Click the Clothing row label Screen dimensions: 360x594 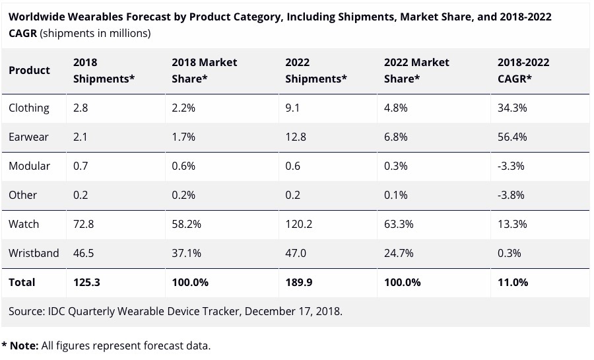tap(28, 108)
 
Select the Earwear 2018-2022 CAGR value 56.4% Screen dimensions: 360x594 tap(512, 137)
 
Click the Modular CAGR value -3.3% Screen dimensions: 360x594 tap(511, 166)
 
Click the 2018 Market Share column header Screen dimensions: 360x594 tap(204, 70)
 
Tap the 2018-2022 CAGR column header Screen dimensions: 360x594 tap(523, 70)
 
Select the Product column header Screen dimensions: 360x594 tap(29, 70)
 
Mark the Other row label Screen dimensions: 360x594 tap(22, 195)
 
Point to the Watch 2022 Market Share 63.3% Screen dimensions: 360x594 tap(399, 224)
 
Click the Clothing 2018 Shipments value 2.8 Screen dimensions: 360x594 tap(81, 108)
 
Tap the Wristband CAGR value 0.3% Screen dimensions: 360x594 tap(509, 253)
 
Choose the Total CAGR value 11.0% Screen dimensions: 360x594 tap(513, 282)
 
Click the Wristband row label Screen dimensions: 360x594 tap(34, 253)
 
